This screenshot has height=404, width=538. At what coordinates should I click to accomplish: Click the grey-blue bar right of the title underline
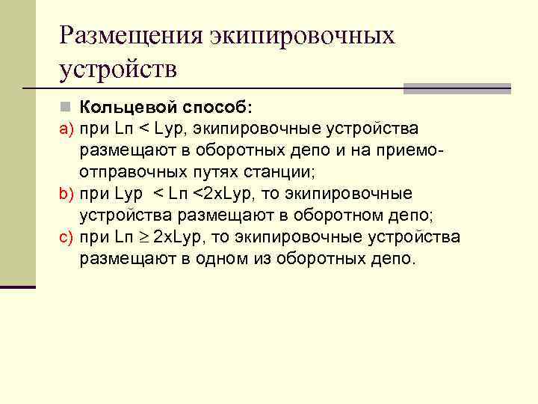click(457, 88)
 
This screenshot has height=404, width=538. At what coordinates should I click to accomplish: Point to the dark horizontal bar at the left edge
click(18, 286)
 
